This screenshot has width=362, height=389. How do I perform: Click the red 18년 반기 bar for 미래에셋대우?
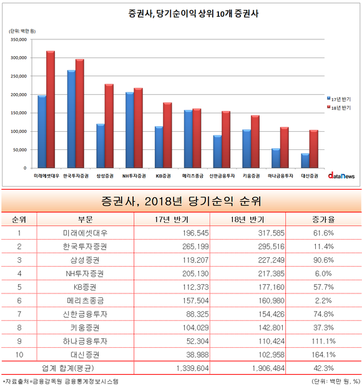pos(51,109)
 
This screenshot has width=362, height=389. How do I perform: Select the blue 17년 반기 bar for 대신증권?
pos(305,160)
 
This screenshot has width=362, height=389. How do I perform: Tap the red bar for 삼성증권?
pos(109,126)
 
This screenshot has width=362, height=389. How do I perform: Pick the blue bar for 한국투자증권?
pos(71,119)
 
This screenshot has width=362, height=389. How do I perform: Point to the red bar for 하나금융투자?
pos(285,147)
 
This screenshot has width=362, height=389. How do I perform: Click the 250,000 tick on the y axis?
pos(19,76)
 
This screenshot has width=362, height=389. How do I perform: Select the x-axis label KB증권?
pos(163,176)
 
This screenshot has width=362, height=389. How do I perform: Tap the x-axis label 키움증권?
pos(251,176)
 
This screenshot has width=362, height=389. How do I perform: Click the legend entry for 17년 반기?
pos(339,99)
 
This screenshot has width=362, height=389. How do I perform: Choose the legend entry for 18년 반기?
pos(339,107)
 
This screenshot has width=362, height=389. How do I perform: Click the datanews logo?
pos(341,175)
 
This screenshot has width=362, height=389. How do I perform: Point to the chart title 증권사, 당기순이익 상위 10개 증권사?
pos(193,13)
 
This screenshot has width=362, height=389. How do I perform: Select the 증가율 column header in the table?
pos(323,219)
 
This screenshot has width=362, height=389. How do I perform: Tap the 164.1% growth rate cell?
pos(323,355)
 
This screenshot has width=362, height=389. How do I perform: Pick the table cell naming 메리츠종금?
pos(86,300)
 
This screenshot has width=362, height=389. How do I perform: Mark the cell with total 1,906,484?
pos(268,368)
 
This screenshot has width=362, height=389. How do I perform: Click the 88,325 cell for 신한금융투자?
pos(197,314)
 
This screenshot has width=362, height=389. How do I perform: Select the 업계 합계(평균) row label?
pos(68,368)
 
